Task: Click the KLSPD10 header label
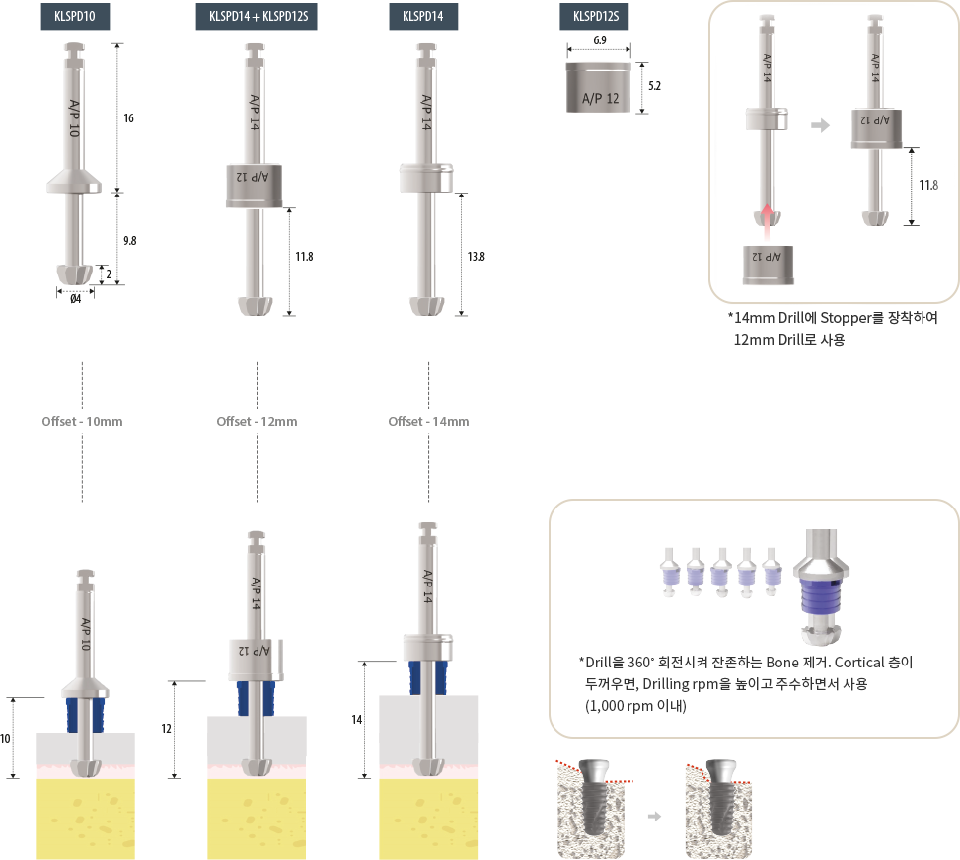click(75, 17)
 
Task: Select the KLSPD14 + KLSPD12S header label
click(257, 17)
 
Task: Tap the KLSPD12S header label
click(594, 17)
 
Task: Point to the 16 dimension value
click(128, 118)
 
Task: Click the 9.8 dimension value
click(130, 241)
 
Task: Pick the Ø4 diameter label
click(75, 299)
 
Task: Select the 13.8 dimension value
click(476, 257)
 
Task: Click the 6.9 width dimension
click(600, 39)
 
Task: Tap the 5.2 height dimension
click(654, 86)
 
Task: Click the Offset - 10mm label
click(82, 422)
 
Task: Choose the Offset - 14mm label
click(428, 422)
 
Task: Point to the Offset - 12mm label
click(257, 422)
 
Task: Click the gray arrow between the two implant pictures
click(654, 816)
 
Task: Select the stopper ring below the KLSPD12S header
click(598, 88)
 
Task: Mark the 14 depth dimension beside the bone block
click(357, 720)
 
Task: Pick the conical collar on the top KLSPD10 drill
click(74, 182)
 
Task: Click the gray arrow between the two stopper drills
click(821, 125)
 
